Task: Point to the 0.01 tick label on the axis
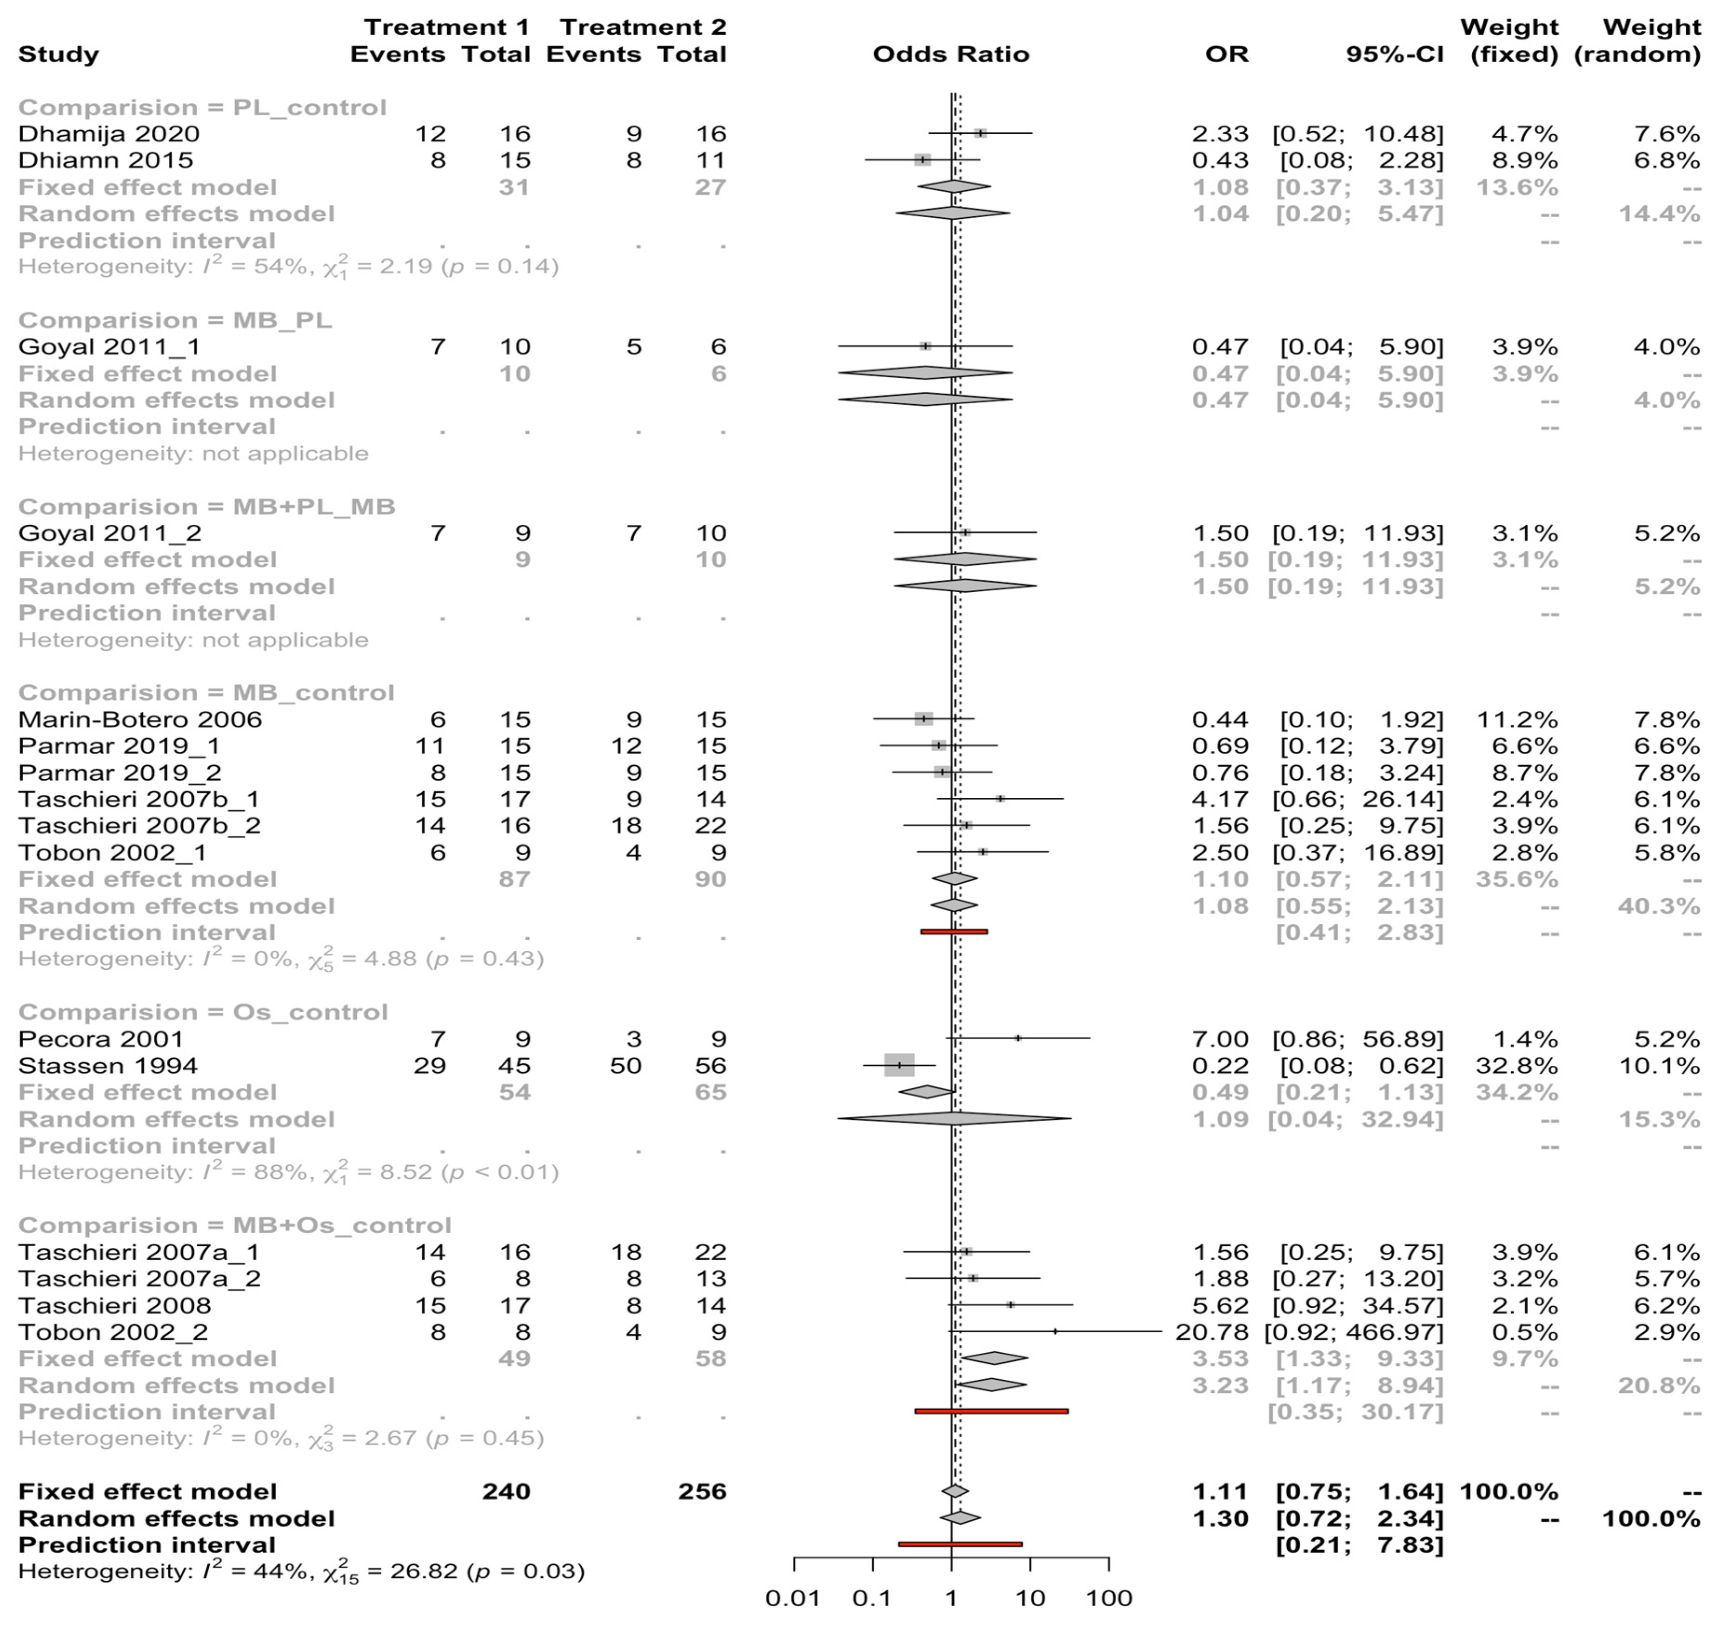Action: (792, 1598)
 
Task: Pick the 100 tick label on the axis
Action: (1110, 1598)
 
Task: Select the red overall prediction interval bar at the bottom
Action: (960, 1544)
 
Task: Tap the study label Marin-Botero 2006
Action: (140, 720)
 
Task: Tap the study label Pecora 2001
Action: (101, 1039)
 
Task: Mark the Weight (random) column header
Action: (1637, 41)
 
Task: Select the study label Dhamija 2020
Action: (109, 134)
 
